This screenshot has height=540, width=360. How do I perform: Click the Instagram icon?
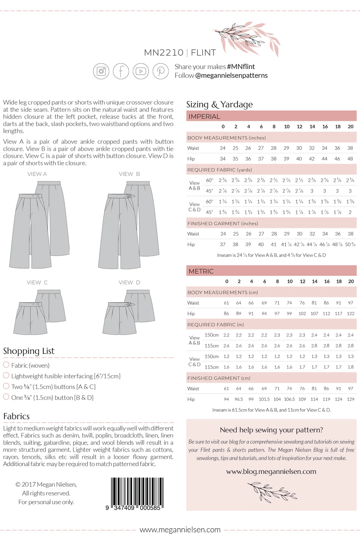coord(101,71)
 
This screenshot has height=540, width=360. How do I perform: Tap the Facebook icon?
coord(121,71)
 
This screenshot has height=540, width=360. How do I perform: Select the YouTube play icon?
coord(141,71)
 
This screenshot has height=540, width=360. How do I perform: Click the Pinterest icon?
coord(161,71)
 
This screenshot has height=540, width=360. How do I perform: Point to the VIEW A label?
coord(37,174)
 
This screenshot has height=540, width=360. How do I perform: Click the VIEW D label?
coord(129,283)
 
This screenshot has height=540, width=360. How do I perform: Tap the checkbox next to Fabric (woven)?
coord(6,364)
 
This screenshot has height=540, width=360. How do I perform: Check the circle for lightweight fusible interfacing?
coord(6,375)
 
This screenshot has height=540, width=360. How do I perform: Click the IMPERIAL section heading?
coord(204,116)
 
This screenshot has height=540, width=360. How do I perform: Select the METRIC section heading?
coord(201,271)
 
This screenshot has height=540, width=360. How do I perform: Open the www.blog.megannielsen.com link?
coord(271,471)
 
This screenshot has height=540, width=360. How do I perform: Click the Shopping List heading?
coord(29,351)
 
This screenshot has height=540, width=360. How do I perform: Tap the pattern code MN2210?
coord(164,53)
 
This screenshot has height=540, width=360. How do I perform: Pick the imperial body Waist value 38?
coord(350,148)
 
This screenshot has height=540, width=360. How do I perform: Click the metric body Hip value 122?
coord(350,314)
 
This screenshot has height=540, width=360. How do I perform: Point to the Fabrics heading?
coord(16,416)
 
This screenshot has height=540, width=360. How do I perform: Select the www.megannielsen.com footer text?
coord(180,530)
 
